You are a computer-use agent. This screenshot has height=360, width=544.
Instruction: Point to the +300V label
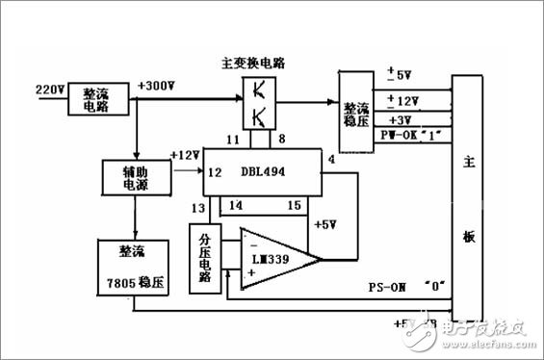click(x=159, y=85)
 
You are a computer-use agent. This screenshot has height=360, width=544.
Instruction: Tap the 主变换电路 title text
click(x=259, y=62)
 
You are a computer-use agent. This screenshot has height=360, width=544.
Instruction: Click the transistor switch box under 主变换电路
click(x=259, y=104)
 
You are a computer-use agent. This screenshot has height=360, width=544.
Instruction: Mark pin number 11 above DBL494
click(x=232, y=140)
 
